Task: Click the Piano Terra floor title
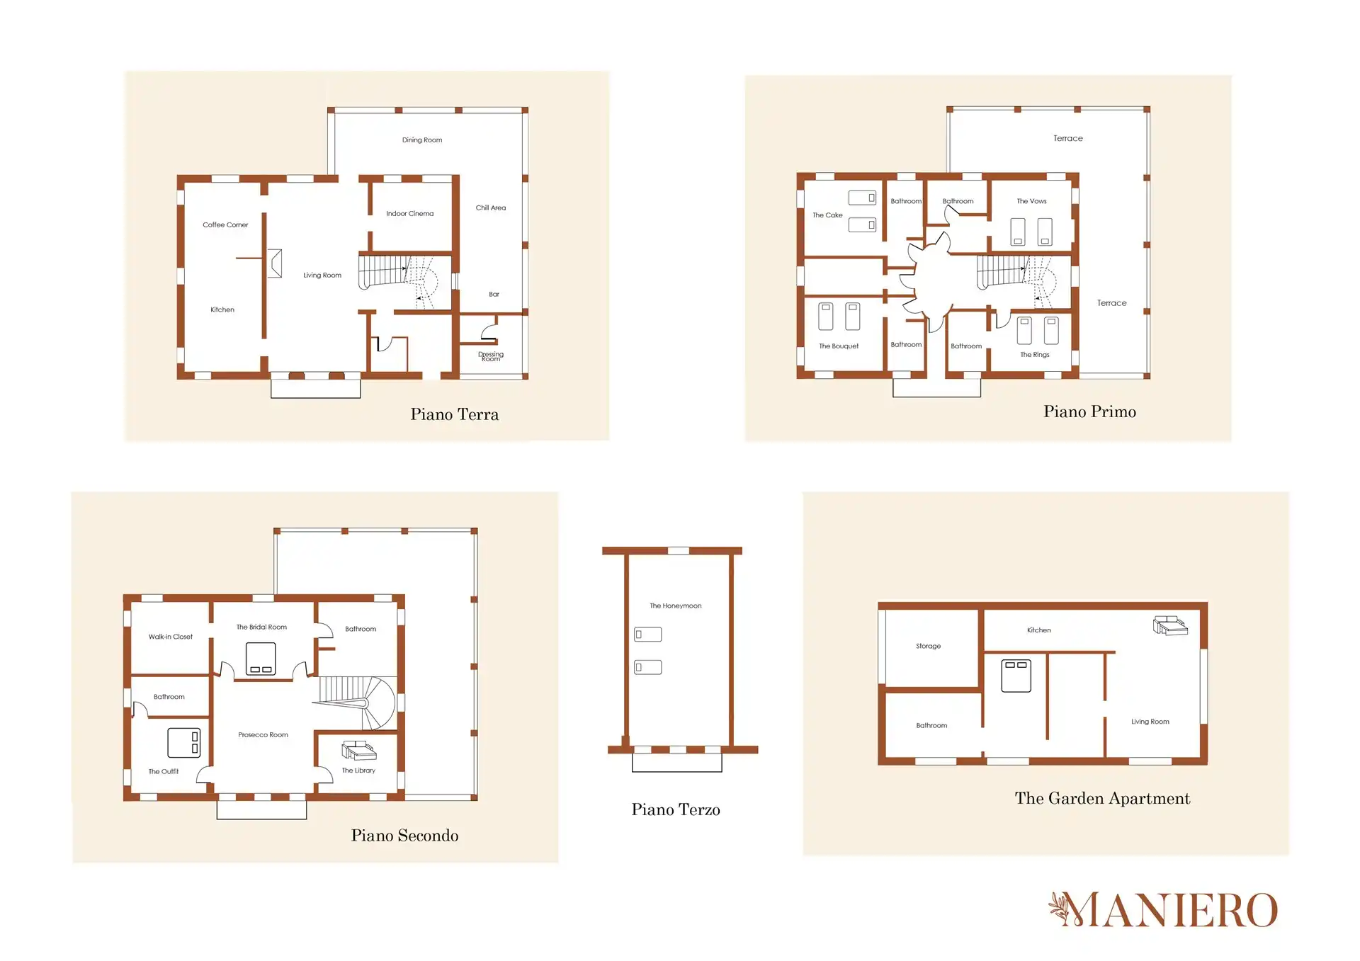(x=454, y=414)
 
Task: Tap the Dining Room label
(x=422, y=140)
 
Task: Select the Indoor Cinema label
(x=410, y=214)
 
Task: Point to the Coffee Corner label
(x=225, y=225)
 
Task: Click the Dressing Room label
(x=491, y=356)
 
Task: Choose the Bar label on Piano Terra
(x=494, y=294)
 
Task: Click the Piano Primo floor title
(x=1089, y=411)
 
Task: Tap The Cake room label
(x=827, y=215)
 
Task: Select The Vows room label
(x=1031, y=201)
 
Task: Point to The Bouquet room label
(x=839, y=346)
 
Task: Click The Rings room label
(x=1035, y=355)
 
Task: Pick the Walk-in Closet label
(x=171, y=637)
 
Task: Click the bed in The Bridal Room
(x=261, y=659)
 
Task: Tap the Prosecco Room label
(x=263, y=735)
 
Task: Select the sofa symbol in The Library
(x=359, y=751)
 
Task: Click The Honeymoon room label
(x=676, y=606)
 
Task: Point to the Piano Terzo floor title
(x=676, y=809)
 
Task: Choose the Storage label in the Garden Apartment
(x=928, y=647)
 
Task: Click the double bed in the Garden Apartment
(x=1016, y=676)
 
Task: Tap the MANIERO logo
(x=1163, y=910)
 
